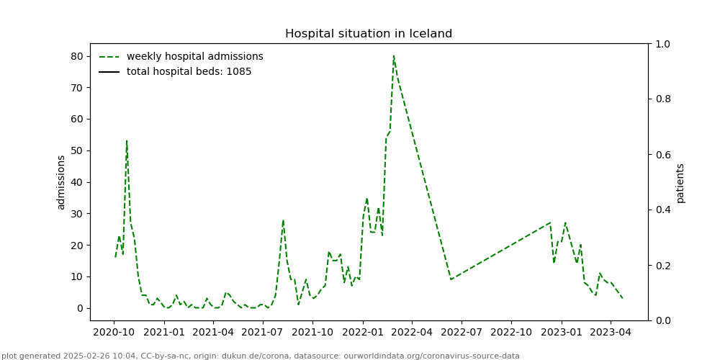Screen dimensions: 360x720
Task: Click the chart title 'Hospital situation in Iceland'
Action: tap(369, 34)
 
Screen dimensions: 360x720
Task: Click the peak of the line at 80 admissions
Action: tap(393, 56)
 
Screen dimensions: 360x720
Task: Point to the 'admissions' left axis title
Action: tap(61, 182)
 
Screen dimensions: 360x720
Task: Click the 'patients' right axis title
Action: tap(680, 182)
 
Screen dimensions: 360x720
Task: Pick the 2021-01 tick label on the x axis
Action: tap(163, 333)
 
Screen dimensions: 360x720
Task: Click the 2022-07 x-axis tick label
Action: tap(461, 333)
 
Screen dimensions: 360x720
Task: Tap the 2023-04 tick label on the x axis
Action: tap(610, 333)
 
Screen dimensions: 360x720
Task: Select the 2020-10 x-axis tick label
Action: tap(114, 333)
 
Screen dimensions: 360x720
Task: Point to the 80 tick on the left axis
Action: tap(76, 56)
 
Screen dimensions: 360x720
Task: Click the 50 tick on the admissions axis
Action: tap(76, 150)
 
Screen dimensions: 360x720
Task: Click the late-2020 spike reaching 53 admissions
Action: tap(127, 141)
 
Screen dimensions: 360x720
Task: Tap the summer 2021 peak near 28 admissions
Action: tap(283, 220)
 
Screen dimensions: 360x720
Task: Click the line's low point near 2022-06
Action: tap(451, 279)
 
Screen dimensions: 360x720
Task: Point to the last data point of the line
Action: tap(622, 298)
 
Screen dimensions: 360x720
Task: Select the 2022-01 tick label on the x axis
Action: tap(362, 333)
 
